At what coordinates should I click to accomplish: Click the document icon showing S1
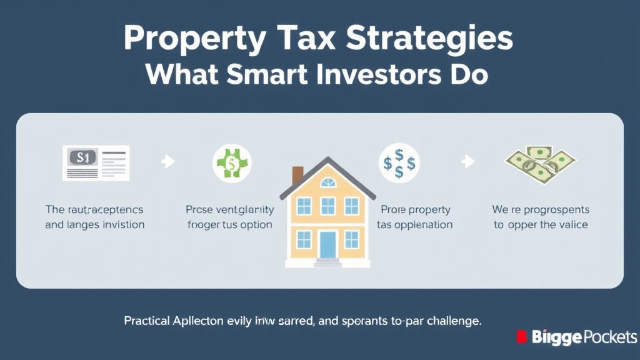coord(96,162)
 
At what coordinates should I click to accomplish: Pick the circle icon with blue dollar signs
coord(399,164)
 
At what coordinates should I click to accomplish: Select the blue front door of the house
coord(328,244)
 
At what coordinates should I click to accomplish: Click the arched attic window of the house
coord(327,182)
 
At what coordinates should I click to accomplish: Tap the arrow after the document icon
coord(168,162)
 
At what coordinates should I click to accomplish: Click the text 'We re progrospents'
coord(541,210)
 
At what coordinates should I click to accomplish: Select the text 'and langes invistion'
coord(95,224)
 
